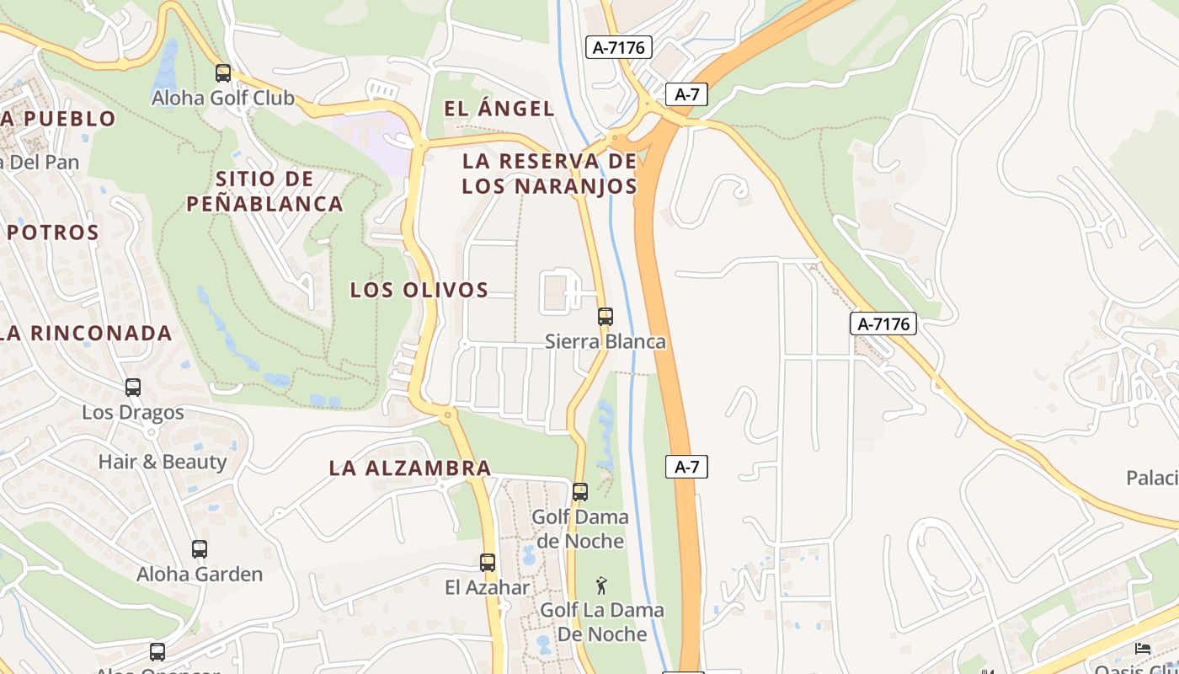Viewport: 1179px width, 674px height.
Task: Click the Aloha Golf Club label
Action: [222, 98]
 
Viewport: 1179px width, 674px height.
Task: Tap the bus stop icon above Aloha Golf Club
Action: [223, 73]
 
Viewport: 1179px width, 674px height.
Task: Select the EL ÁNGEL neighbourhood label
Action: [499, 109]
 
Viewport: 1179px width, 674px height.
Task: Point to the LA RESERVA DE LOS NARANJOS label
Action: [549, 174]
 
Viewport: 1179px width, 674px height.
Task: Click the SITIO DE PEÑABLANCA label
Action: [264, 191]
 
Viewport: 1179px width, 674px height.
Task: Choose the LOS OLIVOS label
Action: [419, 290]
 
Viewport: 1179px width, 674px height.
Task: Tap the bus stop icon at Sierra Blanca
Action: [606, 317]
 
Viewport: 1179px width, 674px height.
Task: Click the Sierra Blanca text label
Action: [605, 341]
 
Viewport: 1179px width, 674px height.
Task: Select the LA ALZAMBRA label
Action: [409, 468]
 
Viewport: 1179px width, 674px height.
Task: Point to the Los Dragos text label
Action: [133, 413]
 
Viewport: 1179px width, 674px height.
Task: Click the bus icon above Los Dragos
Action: [133, 388]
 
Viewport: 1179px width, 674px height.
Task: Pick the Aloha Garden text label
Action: [200, 575]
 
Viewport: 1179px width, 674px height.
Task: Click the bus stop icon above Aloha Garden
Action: [200, 549]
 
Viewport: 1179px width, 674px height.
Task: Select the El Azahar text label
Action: [488, 587]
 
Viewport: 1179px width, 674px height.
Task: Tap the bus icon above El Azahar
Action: [488, 563]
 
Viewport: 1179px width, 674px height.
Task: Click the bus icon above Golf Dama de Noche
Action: [580, 492]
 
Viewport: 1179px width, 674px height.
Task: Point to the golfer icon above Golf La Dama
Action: [601, 586]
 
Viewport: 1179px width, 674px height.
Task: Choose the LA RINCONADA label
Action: [86, 333]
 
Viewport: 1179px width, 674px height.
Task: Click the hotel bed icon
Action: [1143, 648]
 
